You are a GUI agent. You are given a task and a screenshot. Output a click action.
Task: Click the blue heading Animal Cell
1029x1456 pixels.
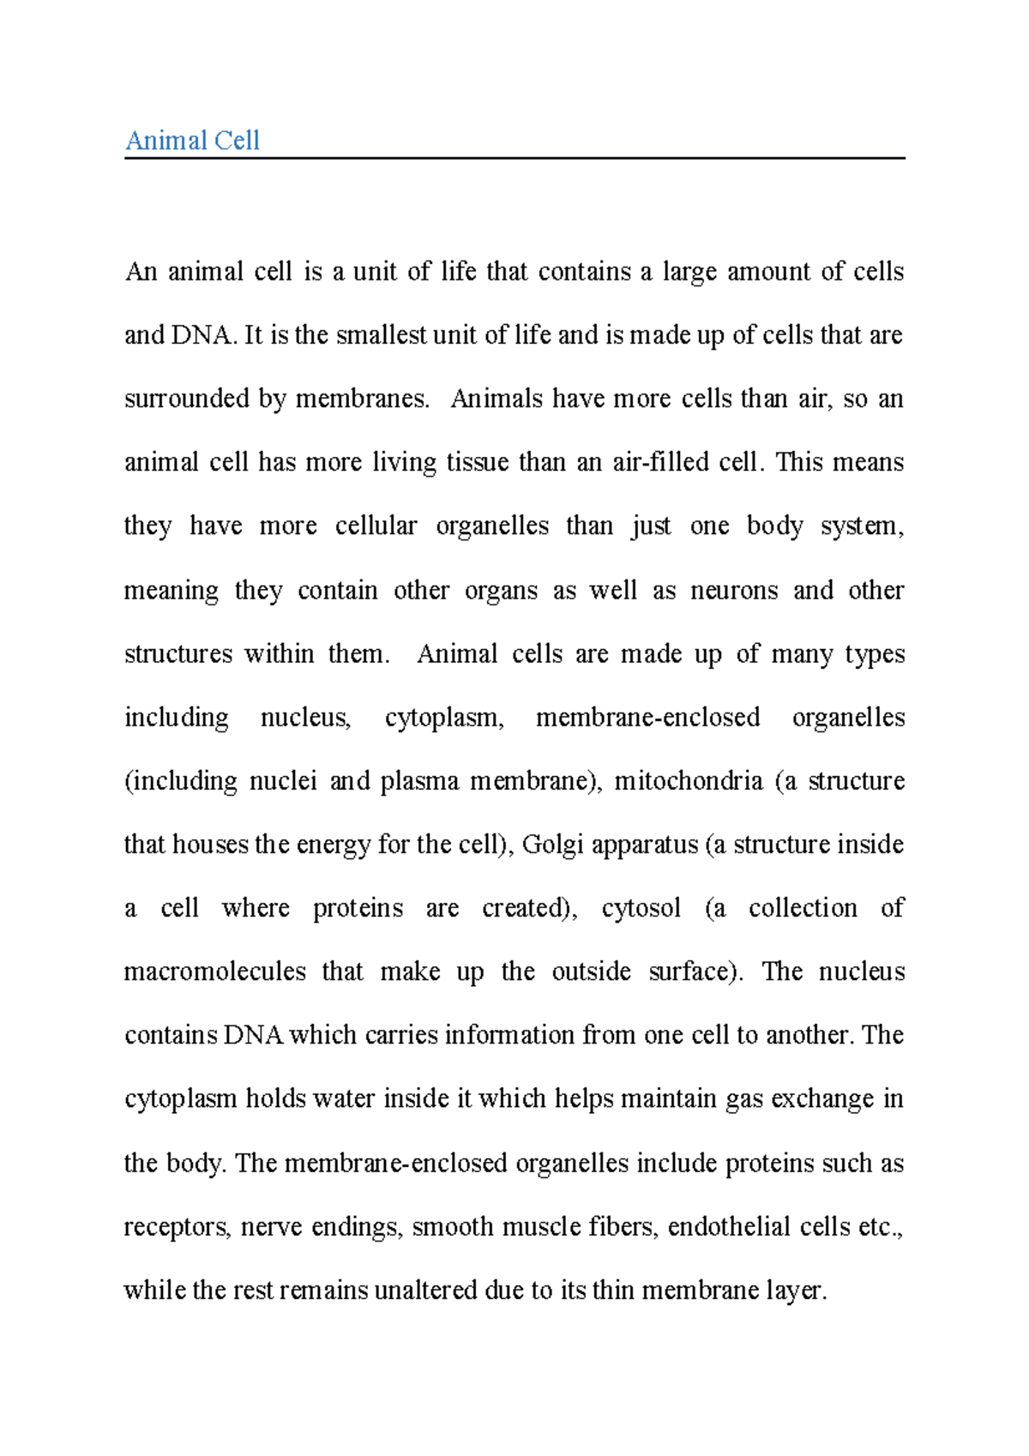[192, 140]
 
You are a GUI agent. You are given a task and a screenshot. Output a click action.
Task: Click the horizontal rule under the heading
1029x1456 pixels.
[514, 158]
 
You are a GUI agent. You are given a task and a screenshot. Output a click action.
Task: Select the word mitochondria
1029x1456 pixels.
[689, 781]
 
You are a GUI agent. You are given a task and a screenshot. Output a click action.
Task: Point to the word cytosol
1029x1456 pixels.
[641, 908]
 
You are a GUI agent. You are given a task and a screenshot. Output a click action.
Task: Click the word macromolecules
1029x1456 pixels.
[214, 972]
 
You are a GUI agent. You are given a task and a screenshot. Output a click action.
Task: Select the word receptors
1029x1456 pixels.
[177, 1226]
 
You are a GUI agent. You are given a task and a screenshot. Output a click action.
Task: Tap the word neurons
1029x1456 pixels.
[734, 590]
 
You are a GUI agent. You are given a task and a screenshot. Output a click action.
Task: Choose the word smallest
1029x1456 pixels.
[381, 334]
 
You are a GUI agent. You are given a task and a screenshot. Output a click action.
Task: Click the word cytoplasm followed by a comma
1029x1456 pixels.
[443, 717]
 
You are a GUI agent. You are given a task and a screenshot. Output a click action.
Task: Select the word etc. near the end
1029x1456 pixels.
[880, 1226]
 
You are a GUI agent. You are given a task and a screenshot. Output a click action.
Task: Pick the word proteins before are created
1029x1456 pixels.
[358, 908]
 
